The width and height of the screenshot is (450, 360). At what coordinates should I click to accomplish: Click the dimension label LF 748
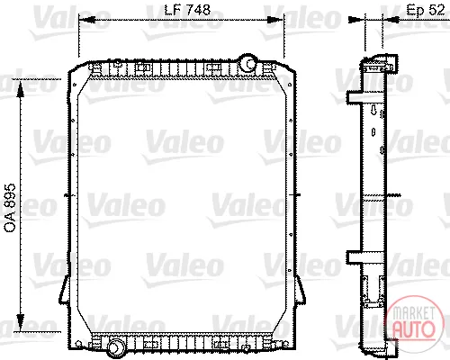[x=187, y=10]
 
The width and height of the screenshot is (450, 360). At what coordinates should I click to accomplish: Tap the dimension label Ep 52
[x=426, y=10]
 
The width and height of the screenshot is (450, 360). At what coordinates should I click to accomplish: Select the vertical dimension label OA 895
[x=10, y=208]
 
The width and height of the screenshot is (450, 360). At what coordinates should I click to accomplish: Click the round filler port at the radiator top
[x=247, y=63]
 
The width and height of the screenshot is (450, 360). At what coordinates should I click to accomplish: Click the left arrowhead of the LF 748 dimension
[x=87, y=20]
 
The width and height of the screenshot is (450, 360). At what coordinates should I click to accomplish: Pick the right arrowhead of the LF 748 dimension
[x=274, y=20]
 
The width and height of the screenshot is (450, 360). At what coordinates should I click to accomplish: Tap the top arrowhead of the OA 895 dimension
[x=21, y=89]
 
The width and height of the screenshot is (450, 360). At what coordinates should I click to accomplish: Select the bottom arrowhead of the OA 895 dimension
[x=21, y=322]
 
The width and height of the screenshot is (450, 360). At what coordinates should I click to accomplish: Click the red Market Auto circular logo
[x=415, y=320]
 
